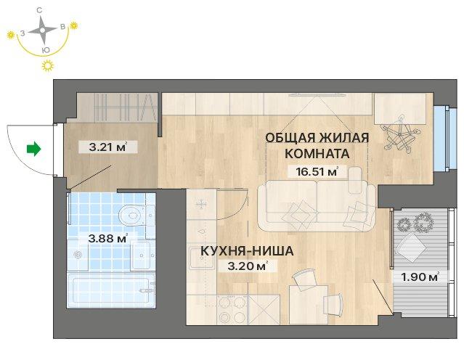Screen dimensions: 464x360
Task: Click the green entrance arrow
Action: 33,149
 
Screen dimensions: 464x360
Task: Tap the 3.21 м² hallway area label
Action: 107,147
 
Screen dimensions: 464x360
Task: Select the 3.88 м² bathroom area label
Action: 107,238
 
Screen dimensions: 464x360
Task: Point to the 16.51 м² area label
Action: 317,171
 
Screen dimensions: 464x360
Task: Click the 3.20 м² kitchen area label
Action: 248,266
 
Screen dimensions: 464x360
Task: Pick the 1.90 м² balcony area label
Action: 420,277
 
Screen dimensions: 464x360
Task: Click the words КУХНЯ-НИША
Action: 247,251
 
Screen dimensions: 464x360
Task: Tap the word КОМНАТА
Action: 317,154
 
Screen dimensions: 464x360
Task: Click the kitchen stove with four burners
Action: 231,309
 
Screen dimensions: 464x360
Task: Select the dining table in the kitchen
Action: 309,304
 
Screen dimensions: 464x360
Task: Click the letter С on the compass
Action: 39,11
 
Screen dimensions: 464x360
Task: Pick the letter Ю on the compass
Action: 46,50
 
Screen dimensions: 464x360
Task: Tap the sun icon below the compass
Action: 48,66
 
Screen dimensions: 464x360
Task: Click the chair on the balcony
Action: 411,247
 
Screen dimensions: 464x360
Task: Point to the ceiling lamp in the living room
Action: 401,134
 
